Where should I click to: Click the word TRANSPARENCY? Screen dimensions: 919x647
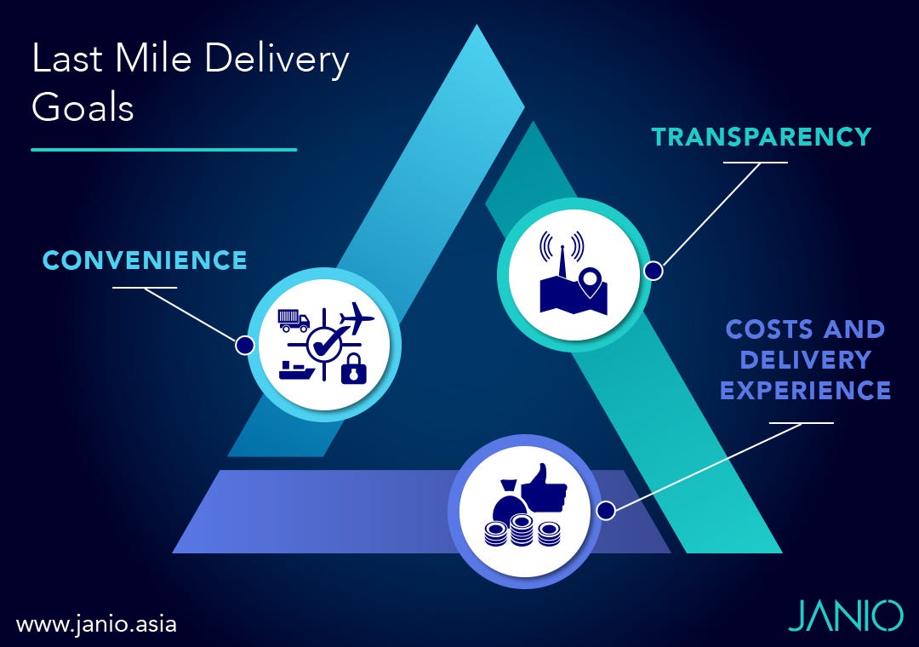(x=762, y=137)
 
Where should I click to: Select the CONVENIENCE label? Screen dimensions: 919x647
(x=145, y=260)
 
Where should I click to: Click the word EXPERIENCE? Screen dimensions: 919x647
(x=805, y=391)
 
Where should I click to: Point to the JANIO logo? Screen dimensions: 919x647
(x=845, y=615)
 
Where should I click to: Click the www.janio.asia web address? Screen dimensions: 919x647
(x=96, y=623)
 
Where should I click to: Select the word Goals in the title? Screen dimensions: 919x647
(x=83, y=109)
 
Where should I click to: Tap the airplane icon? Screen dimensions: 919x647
(x=356, y=320)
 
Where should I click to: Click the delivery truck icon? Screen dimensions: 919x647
(x=294, y=320)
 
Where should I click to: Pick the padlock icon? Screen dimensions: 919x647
(x=354, y=370)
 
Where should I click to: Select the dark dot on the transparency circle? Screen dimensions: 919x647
(x=654, y=271)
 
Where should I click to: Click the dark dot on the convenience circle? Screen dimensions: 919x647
(x=244, y=345)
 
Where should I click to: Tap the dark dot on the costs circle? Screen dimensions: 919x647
(x=606, y=511)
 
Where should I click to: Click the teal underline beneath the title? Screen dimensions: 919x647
(x=164, y=150)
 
